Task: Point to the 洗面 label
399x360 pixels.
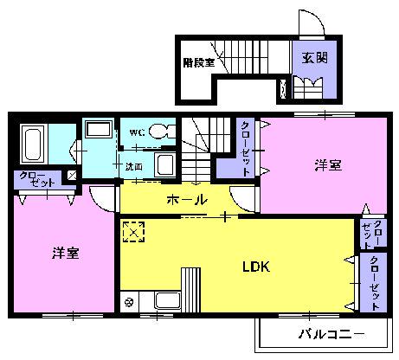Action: coord(134,164)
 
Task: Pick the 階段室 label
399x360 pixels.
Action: coord(198,62)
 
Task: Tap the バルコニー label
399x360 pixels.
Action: coord(331,334)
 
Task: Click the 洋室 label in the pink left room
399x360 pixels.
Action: coord(66,253)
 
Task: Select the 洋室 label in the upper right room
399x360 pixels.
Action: coord(327,164)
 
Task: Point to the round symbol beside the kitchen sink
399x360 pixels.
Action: coord(130,302)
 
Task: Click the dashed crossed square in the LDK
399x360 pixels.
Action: coord(133,233)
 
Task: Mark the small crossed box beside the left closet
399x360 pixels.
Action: coord(71,176)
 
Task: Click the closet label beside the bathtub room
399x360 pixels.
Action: coord(34,180)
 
